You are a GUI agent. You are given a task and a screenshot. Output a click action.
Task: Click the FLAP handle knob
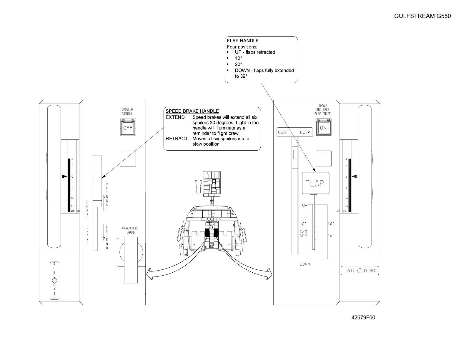point(315,183)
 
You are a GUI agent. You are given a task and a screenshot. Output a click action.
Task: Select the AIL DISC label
point(360,271)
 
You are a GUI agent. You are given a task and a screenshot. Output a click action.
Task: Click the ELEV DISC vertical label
point(54,281)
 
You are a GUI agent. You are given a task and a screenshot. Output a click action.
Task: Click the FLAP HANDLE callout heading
point(243,41)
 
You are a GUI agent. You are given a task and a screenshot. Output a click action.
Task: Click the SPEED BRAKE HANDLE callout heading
point(192,111)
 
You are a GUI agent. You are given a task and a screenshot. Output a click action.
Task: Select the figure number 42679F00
point(363,318)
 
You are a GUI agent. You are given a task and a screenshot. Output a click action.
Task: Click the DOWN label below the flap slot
point(305,264)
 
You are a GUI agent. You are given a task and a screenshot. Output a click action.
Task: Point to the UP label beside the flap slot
point(304,205)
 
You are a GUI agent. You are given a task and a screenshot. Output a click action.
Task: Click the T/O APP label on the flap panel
point(303,234)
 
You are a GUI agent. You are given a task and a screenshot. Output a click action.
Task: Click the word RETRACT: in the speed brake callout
point(177,139)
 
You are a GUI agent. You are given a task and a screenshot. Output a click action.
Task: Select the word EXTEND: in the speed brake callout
point(176,117)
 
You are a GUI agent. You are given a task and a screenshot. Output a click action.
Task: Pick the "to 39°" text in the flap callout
point(241,76)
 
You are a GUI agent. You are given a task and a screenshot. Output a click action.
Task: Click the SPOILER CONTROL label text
point(127,111)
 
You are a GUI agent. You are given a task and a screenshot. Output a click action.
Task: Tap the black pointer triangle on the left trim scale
point(64,177)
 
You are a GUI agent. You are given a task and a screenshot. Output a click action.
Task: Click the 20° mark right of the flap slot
point(331,236)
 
